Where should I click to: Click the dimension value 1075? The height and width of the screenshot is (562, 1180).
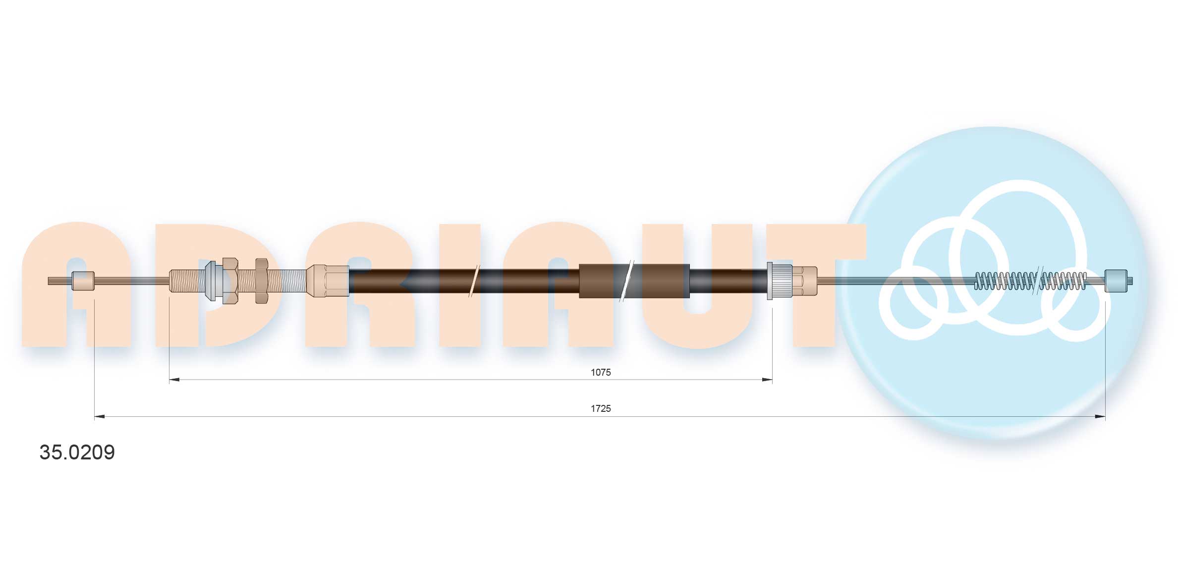[600, 372]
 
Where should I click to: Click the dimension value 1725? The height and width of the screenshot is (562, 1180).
[600, 409]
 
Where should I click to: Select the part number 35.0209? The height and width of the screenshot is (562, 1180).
[77, 452]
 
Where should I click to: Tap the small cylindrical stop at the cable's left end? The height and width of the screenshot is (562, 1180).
[83, 281]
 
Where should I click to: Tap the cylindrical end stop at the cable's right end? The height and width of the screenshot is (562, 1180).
[1116, 281]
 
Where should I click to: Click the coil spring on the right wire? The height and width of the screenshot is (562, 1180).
[1030, 281]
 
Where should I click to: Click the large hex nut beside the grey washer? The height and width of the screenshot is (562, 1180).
[230, 281]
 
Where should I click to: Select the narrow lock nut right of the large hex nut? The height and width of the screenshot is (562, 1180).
[261, 281]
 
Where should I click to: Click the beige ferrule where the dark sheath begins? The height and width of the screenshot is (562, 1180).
[327, 281]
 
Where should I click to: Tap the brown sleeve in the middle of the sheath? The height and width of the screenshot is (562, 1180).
[634, 281]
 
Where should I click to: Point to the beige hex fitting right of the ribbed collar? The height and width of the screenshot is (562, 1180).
[804, 281]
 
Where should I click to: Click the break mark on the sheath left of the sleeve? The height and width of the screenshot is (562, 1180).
[474, 281]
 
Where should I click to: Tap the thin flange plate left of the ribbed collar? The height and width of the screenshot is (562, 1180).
[769, 281]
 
